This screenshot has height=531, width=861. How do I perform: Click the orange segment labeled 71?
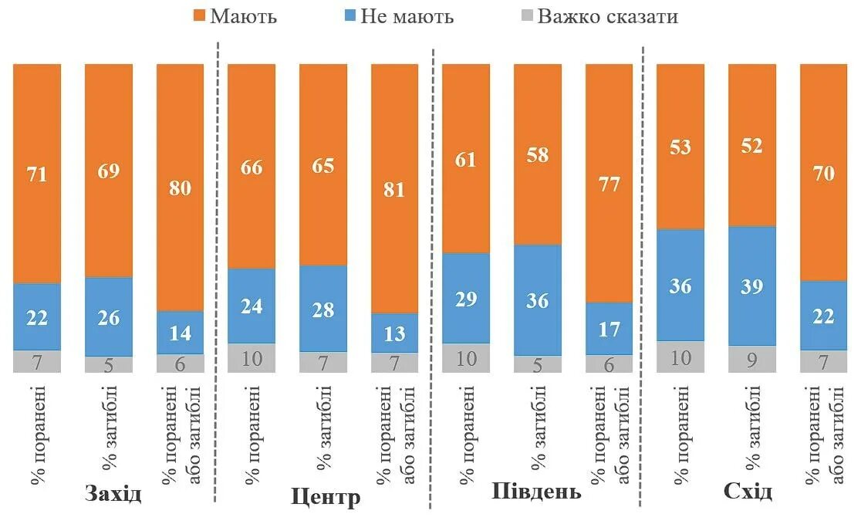tap(37, 174)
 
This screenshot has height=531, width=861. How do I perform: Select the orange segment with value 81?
tap(394, 188)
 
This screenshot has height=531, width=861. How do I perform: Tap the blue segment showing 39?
tap(751, 286)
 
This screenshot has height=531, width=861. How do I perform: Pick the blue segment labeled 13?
tap(394, 333)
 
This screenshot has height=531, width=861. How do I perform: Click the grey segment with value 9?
tap(751, 359)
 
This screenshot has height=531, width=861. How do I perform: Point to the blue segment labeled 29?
tap(465, 298)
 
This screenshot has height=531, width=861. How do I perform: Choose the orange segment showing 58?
tap(537, 154)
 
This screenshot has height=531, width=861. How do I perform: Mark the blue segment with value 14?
tap(180, 333)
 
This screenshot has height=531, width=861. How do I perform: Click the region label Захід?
tap(114, 493)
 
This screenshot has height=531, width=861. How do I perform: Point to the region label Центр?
tap(326, 497)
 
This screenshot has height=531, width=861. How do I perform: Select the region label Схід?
tap(748, 492)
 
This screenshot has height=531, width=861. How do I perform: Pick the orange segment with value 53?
tap(680, 147)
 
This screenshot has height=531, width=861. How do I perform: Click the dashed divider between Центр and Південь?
tap(432, 278)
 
